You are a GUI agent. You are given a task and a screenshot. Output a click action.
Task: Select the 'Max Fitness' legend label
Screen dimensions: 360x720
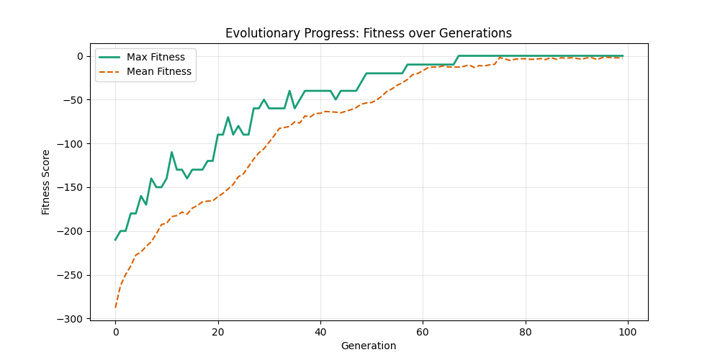[156, 57]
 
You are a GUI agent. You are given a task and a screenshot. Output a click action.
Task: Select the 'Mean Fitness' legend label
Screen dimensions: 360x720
[158, 71]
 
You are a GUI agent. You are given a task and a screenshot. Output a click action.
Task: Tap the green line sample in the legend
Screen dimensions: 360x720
[109, 57]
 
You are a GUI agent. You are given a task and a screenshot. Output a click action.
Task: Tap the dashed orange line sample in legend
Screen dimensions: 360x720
[109, 71]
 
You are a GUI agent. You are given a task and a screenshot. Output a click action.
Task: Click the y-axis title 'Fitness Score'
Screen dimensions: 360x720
[46, 181]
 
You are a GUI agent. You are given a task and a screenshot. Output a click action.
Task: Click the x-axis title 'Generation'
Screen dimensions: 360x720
[368, 346]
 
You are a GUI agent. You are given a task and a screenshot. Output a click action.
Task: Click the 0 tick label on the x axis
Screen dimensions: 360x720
[115, 331]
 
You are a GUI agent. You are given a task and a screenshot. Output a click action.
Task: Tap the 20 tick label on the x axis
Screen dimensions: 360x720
[217, 331]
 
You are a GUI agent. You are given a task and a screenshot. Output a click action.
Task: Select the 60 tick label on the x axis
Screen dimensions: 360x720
[423, 331]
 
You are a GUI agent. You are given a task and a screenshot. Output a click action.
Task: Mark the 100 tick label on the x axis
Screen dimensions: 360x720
[628, 331]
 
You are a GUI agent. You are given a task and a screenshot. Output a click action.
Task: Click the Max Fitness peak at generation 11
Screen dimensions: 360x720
[171, 152]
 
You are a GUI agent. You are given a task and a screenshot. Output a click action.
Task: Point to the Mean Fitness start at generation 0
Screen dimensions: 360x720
[115, 307]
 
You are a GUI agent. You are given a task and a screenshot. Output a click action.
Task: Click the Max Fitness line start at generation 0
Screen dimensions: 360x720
[115, 240]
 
